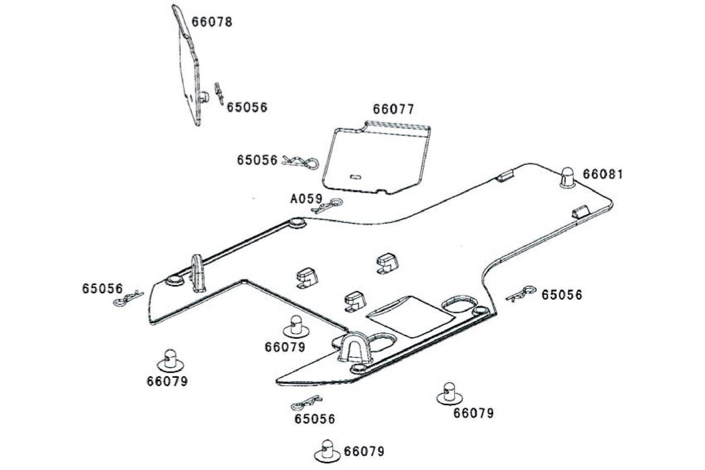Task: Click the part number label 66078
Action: pyautogui.click(x=211, y=22)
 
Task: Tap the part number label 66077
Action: pyautogui.click(x=393, y=109)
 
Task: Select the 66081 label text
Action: pyautogui.click(x=603, y=174)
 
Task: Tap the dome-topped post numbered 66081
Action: pyautogui.click(x=567, y=178)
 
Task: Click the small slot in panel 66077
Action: pyautogui.click(x=355, y=177)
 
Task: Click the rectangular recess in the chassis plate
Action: pyautogui.click(x=410, y=316)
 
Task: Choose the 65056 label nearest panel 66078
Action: pyautogui.click(x=246, y=108)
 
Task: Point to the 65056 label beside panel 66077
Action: pyautogui.click(x=257, y=160)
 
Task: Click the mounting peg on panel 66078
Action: pyautogui.click(x=205, y=97)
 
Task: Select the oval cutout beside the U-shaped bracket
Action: pyautogui.click(x=384, y=342)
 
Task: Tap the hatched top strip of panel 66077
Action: pyautogui.click(x=396, y=125)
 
